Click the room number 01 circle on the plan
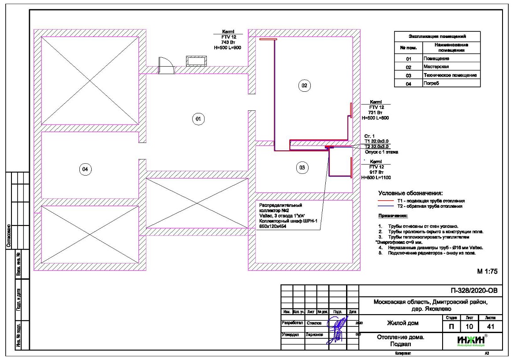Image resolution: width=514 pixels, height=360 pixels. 198,118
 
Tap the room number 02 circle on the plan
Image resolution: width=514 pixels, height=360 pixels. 304,86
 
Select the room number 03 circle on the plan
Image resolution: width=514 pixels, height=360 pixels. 302,168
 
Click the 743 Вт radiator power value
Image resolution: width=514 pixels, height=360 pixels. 227,42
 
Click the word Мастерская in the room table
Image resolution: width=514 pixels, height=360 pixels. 436,67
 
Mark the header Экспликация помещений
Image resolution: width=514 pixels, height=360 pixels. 437,36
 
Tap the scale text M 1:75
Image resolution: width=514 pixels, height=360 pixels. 487,272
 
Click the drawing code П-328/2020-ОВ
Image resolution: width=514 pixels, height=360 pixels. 473,291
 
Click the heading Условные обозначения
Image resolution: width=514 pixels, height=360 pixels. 410,193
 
